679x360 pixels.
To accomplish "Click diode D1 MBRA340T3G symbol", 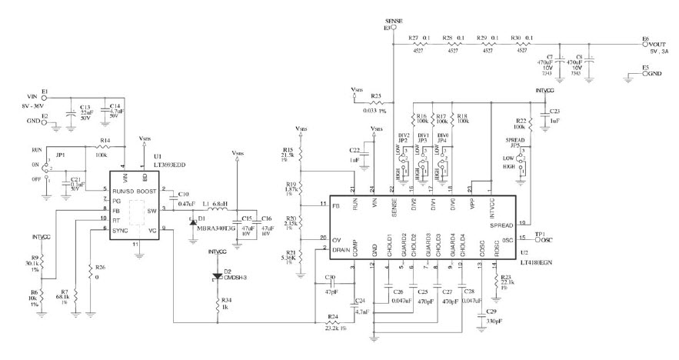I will click(192, 221).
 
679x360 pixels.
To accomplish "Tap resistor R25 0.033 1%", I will click(376, 102).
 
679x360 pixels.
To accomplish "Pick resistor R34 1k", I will click(215, 303).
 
